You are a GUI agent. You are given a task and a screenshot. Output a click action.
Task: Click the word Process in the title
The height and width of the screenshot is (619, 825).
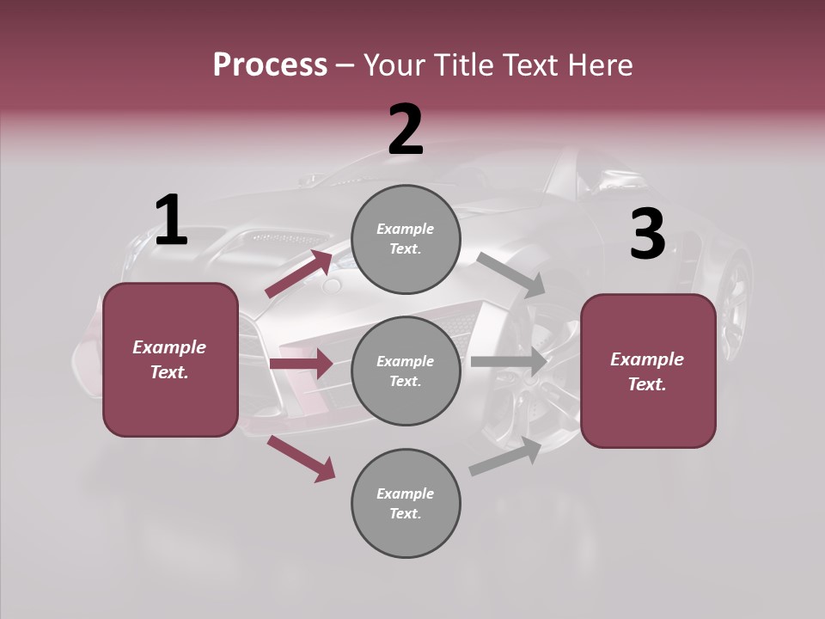point(270,65)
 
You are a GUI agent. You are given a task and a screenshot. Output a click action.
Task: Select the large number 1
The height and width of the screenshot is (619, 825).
point(171,221)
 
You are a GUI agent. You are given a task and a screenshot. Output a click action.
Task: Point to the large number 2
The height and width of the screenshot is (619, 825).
point(406,130)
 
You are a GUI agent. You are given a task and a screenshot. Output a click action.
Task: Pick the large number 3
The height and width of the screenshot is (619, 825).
point(647,235)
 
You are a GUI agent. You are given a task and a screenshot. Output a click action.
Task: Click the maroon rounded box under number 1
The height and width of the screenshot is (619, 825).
point(170,359)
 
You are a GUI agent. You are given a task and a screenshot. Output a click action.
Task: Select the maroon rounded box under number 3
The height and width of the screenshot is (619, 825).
point(648,371)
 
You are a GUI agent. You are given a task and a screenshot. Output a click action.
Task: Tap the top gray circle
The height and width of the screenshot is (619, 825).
point(406,239)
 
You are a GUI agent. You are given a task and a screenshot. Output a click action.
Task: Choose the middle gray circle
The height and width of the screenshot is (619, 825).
point(406,371)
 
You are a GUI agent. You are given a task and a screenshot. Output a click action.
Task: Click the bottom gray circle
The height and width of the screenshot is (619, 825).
point(406,503)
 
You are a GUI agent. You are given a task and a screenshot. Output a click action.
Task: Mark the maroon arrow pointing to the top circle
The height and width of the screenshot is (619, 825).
point(298,274)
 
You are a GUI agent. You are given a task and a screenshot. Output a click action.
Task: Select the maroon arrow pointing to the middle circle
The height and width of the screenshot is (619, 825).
point(301,364)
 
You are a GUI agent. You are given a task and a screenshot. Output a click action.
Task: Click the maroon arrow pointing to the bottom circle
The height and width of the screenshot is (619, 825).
point(301,458)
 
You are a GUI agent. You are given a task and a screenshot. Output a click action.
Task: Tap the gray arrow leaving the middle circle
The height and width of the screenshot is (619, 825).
point(509,362)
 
